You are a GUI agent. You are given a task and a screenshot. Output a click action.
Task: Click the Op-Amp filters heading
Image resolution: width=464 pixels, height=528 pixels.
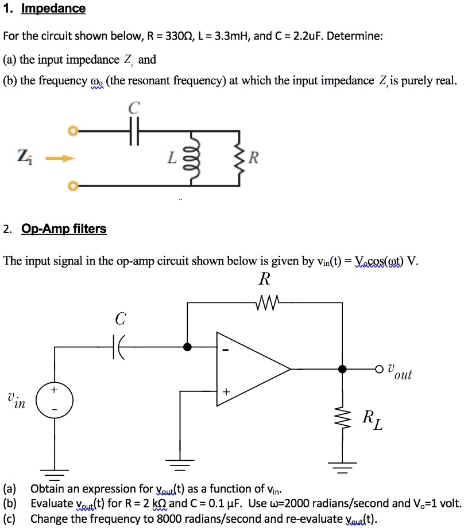tap(64, 229)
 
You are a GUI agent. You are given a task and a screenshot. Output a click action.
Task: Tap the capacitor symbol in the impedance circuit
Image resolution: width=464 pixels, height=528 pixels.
tap(133, 131)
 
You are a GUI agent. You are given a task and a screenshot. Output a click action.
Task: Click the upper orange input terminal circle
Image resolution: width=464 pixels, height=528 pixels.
tap(72, 131)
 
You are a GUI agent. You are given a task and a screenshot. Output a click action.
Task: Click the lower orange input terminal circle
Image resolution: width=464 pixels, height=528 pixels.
tap(72, 186)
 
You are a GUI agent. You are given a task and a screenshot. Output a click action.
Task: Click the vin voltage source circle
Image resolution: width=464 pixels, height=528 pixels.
tap(53, 400)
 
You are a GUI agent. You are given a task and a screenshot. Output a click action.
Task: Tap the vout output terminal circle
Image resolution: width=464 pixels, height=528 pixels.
tap(380, 368)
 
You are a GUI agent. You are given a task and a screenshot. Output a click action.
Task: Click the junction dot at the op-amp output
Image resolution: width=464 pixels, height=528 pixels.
tap(343, 368)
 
